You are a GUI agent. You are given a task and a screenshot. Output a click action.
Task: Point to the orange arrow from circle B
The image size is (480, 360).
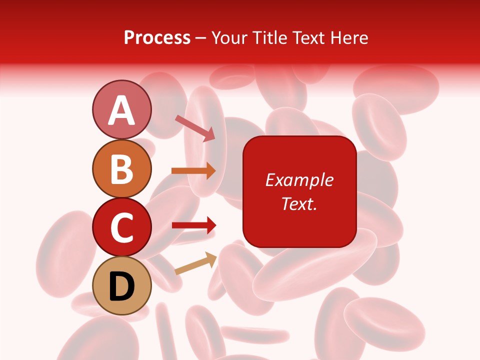tap(193, 170)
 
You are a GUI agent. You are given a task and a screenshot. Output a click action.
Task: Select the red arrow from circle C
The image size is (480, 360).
tap(193, 225)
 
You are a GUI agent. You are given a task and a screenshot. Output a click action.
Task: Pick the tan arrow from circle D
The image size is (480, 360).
tap(195, 263)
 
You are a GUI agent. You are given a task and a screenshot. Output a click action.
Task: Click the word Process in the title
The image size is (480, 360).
tap(157, 38)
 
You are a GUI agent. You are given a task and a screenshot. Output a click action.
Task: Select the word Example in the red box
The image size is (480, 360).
tap(299, 180)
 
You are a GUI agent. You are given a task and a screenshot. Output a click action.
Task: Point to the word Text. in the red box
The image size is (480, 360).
tap(299, 203)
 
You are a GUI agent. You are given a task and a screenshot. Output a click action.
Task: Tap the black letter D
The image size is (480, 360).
tap(122, 286)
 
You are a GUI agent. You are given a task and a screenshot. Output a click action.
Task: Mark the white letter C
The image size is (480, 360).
tap(122, 227)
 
